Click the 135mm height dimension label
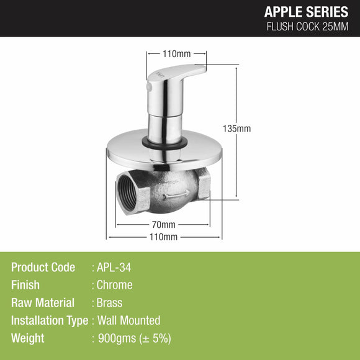pyautogui.click(x=239, y=128)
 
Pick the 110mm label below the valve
pyautogui.click(x=166, y=237)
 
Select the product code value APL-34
pyautogui.click(x=114, y=268)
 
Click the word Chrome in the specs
pyautogui.click(x=115, y=286)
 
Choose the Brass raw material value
pyautogui.click(x=110, y=304)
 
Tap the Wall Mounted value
pyautogui.click(x=128, y=321)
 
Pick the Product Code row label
pyautogui.click(x=43, y=268)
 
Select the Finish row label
pyautogui.click(x=25, y=286)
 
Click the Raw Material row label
pyautogui.click(x=43, y=304)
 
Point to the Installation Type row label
pyautogui.click(x=50, y=321)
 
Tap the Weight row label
pyautogui.click(x=28, y=339)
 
